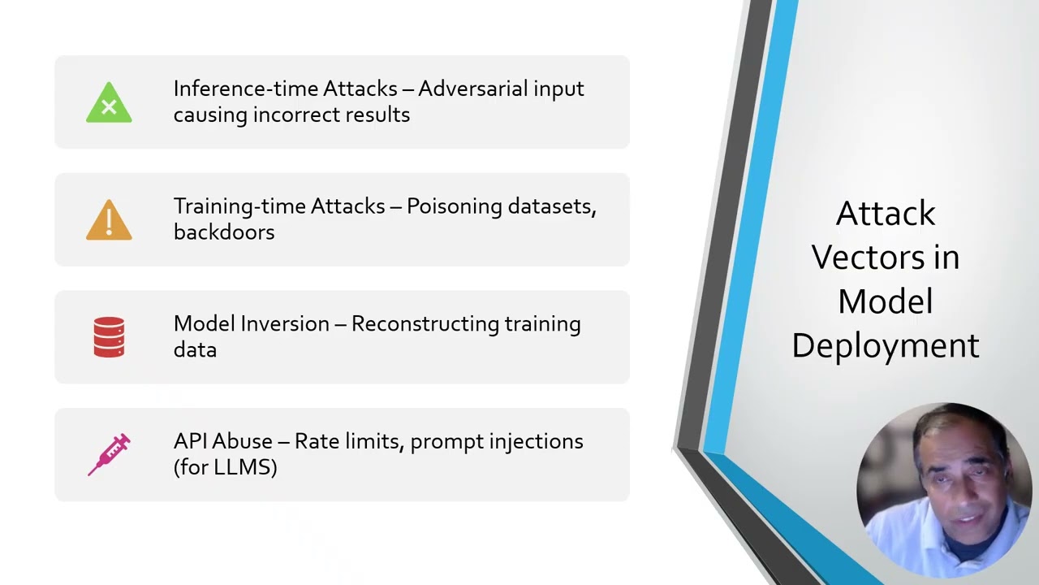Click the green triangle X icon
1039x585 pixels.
pos(109,104)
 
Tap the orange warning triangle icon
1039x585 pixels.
pos(109,221)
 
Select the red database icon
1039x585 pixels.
pos(109,337)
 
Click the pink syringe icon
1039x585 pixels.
pos(109,454)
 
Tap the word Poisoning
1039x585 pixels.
pos(454,206)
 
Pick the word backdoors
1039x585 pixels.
pos(224,232)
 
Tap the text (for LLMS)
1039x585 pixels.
pos(225,467)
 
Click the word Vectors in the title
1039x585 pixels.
pos(885,258)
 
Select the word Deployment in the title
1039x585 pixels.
pos(885,346)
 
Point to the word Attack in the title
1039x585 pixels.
pos(886,214)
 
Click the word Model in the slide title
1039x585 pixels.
pos(885,301)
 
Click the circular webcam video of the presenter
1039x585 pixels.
pos(943,490)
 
